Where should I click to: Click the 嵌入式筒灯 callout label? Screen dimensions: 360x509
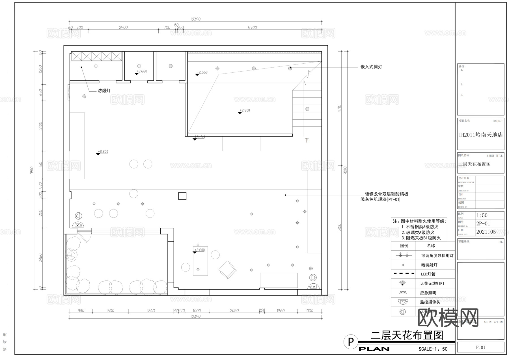click(371, 67)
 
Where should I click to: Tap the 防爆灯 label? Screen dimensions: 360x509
click(104, 91)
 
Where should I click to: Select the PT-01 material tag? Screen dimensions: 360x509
click(393, 200)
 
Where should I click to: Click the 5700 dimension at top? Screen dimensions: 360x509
click(252, 27)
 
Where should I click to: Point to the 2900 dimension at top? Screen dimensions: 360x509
click(123, 27)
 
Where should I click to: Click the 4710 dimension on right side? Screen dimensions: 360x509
click(339, 109)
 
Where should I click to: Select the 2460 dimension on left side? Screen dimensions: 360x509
click(40, 258)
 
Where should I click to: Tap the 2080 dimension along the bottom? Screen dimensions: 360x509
click(234, 311)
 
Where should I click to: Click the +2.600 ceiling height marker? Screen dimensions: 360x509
click(199, 250)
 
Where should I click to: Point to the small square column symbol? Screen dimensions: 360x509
click(182, 196)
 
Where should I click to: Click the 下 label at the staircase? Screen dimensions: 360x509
click(307, 140)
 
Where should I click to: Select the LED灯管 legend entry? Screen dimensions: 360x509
click(428, 274)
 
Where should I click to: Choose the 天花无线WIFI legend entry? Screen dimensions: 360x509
click(432, 283)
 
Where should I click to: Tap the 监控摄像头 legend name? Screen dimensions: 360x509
click(430, 302)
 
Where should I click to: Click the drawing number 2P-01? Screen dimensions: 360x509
click(483, 223)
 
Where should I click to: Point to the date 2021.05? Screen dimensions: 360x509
click(486, 232)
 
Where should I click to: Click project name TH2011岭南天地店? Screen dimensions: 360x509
click(481, 135)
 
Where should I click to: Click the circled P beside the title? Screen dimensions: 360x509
click(351, 342)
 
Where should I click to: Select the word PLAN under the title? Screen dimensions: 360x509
click(374, 349)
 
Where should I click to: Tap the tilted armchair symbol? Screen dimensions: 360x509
click(227, 270)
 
